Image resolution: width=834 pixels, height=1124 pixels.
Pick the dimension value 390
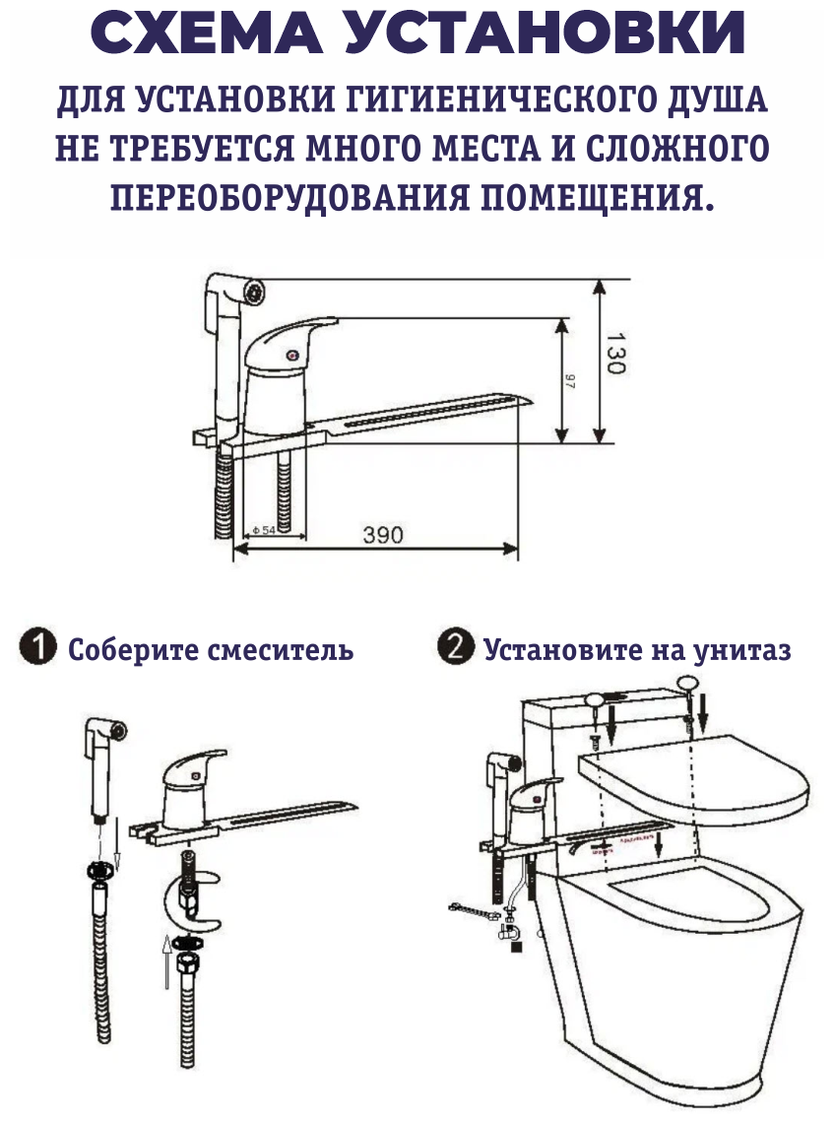[383, 536]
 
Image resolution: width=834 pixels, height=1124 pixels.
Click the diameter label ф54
[263, 530]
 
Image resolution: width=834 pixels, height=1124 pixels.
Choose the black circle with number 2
[455, 648]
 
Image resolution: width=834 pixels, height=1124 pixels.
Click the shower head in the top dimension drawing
[236, 291]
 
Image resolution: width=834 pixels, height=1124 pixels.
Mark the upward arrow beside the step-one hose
[163, 960]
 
